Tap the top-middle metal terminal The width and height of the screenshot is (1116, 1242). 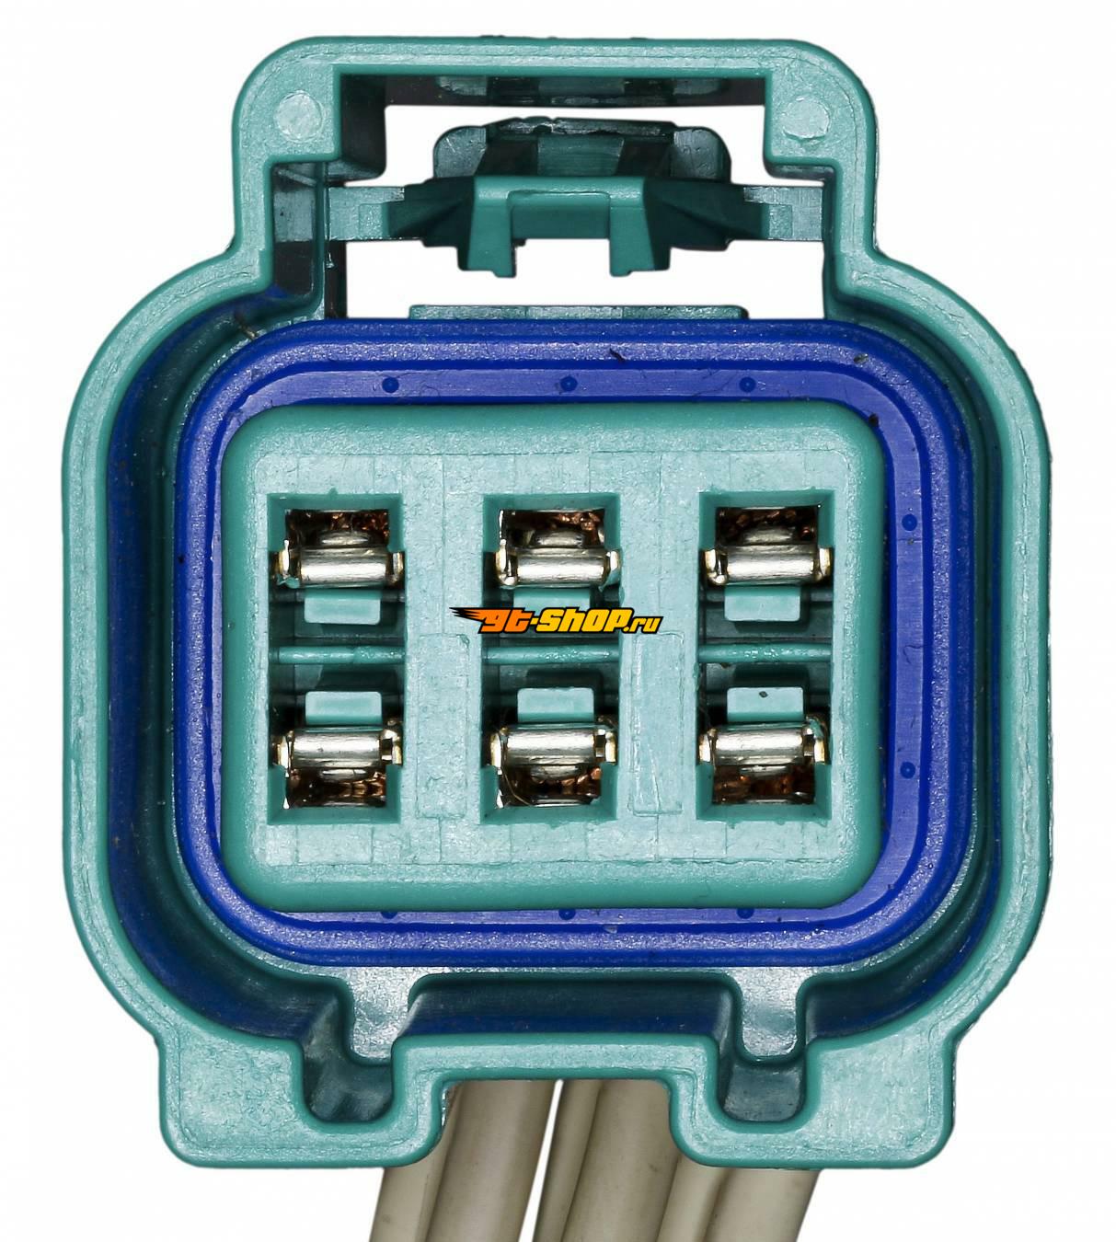(558, 558)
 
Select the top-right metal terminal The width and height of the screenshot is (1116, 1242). (767, 558)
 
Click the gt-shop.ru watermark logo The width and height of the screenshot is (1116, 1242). (557, 620)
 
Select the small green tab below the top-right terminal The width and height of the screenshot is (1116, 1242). (763, 609)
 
